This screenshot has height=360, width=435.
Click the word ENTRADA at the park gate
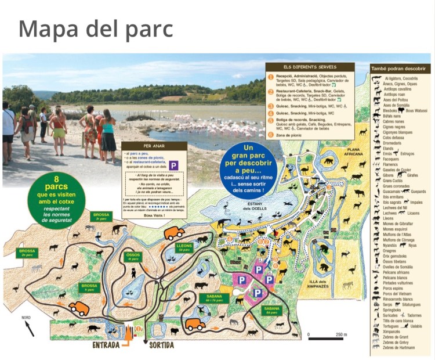tap(106, 345)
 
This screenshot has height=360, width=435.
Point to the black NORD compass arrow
tap(28, 328)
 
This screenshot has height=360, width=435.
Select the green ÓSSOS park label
tap(133, 256)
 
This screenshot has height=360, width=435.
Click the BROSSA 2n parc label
tap(27, 253)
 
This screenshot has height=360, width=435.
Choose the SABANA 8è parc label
tap(272, 309)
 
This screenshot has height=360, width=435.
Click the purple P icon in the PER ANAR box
tap(173, 165)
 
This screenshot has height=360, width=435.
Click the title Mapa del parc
tap(96, 28)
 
